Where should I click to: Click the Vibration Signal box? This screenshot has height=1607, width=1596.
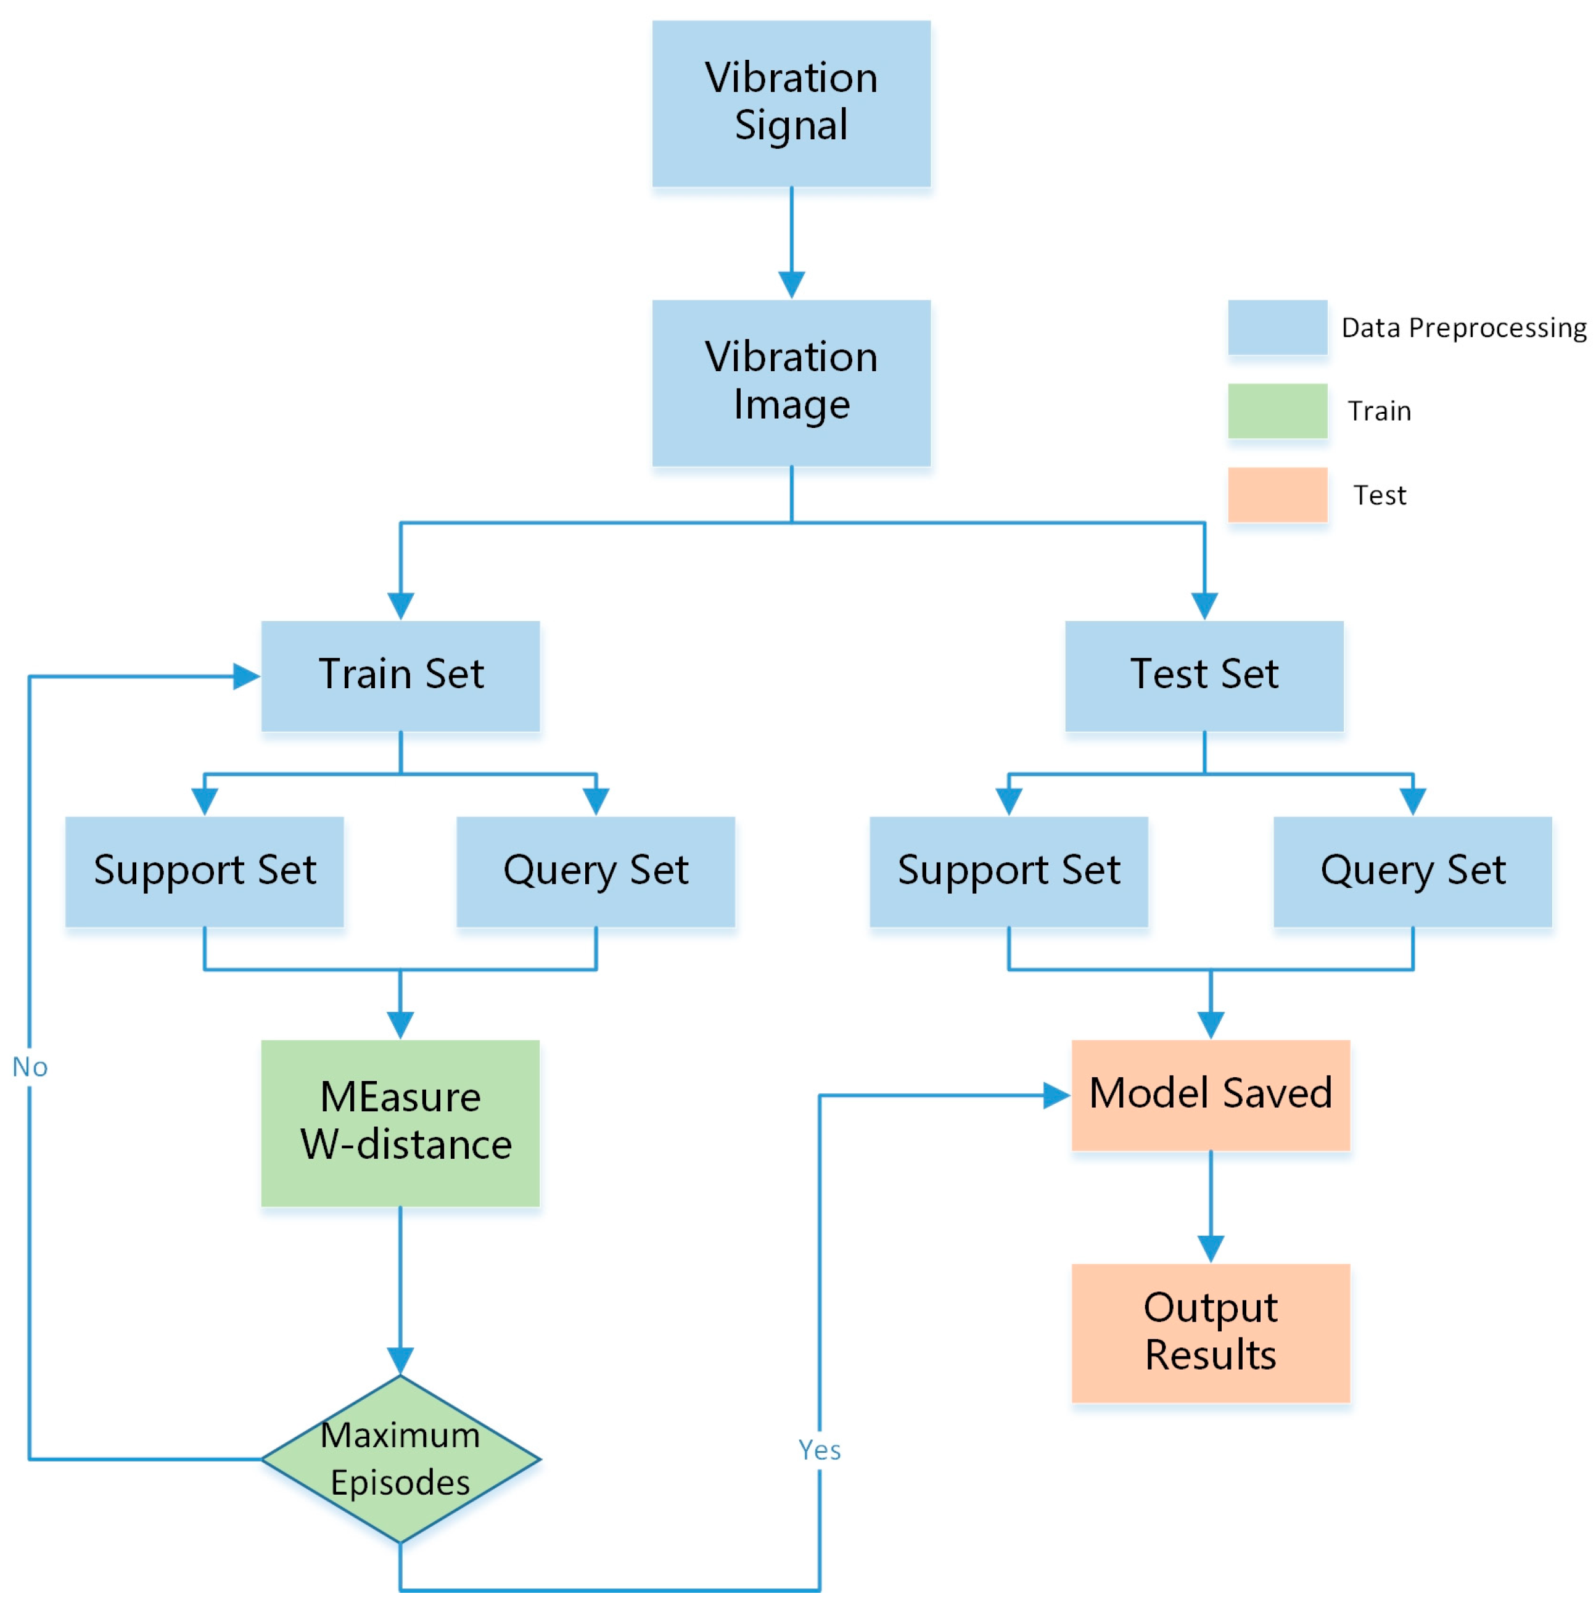pos(791,103)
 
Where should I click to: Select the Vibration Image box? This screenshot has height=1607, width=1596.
pos(791,382)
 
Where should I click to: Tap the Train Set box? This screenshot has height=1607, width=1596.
pos(400,675)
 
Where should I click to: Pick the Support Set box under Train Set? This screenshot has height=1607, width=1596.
pos(205,871)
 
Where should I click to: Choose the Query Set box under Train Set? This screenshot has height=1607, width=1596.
pos(596,871)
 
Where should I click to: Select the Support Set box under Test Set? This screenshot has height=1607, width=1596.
pos(1008,871)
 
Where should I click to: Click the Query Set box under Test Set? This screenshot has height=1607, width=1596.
pos(1412,871)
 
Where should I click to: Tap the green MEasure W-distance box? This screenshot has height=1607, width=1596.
pos(400,1122)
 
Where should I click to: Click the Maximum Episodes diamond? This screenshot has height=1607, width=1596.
pos(400,1458)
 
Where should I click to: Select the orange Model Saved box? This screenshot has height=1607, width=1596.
pos(1210,1095)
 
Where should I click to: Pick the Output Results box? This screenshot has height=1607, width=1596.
pos(1210,1333)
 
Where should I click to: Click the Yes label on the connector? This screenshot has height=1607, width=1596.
pos(819,1450)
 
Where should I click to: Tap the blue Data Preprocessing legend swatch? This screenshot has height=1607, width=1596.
pos(1277,327)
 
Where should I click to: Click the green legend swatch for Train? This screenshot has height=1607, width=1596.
pos(1277,410)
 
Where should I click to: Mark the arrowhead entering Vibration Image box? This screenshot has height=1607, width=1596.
pos(791,284)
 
